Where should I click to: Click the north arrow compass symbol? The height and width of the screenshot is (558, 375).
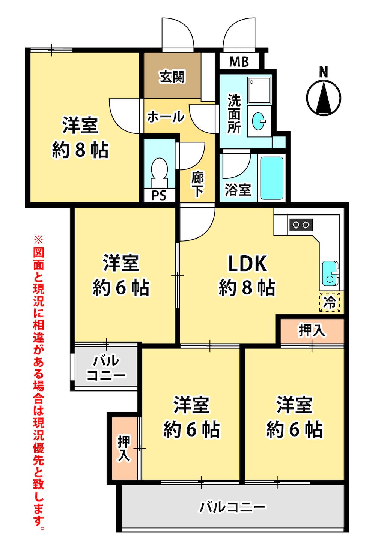pos(324,97)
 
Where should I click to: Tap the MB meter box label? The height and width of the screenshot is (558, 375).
pos(239,61)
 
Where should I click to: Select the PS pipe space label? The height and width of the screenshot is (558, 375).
pos(159,196)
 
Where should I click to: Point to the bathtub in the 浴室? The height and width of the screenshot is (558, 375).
pos(272,178)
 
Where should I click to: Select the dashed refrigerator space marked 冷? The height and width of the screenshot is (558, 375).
pos(330,302)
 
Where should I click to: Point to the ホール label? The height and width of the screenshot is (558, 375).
pos(166,117)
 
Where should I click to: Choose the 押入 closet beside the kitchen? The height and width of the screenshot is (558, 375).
pos(311,331)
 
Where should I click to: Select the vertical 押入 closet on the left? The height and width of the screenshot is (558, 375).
pos(124,448)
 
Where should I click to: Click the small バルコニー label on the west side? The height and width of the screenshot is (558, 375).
pos(106,368)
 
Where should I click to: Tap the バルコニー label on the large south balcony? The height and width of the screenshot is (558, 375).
pos(232,508)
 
